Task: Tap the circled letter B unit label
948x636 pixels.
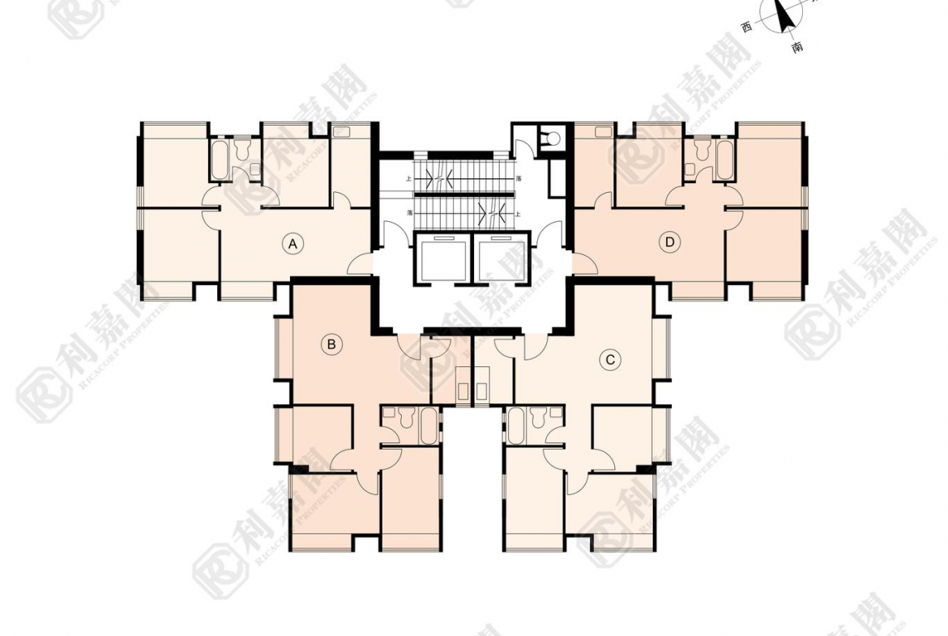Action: (x=331, y=344)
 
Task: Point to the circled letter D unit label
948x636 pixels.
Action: (x=669, y=241)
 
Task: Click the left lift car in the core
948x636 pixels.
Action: (x=441, y=257)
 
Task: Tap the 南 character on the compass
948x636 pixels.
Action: (x=797, y=48)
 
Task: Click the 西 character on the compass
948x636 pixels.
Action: (x=746, y=27)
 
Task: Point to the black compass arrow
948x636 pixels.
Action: (x=784, y=16)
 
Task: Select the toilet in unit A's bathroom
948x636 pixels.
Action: (x=241, y=152)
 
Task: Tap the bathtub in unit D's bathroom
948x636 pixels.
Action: (x=724, y=160)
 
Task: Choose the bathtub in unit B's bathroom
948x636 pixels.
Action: (x=428, y=425)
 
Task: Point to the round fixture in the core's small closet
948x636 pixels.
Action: (x=553, y=139)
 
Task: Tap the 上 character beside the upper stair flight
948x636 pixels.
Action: (x=409, y=178)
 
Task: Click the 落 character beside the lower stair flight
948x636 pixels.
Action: (x=410, y=212)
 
